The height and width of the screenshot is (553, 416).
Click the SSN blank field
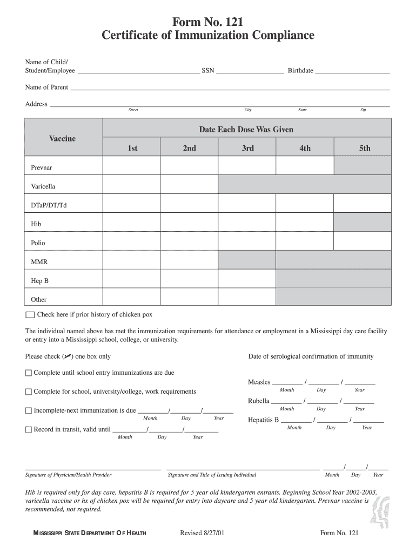[250, 70]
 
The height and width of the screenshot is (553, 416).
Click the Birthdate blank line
[352, 70]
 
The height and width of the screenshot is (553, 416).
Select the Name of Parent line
[230, 87]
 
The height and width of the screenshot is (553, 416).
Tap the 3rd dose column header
[247, 148]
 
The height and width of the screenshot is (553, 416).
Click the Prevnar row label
[42, 167]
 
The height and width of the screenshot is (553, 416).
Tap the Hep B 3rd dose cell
[247, 279]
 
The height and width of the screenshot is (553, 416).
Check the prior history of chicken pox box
[30, 315]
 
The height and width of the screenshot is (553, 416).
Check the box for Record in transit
[29, 430]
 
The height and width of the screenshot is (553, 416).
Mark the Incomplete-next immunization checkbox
[29, 411]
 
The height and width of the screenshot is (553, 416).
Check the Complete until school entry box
[29, 373]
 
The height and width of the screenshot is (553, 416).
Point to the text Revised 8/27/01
[202, 534]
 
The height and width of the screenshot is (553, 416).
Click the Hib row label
[36, 224]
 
